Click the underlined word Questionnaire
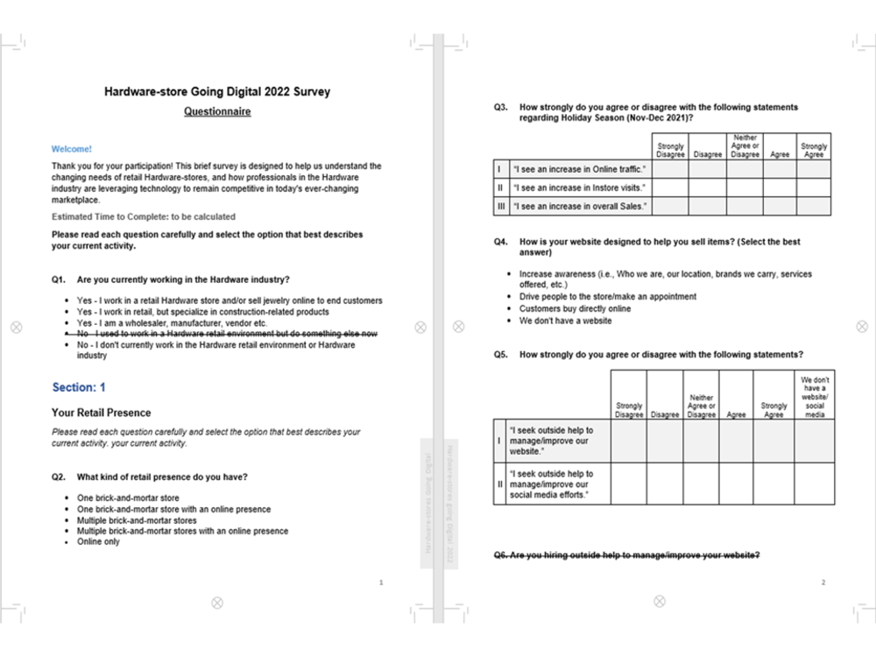(x=217, y=112)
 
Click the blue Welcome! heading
(x=71, y=149)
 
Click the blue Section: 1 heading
(x=79, y=387)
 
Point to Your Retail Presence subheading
(x=101, y=413)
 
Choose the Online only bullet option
(x=98, y=541)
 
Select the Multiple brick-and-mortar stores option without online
(x=137, y=520)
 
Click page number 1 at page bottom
(x=380, y=583)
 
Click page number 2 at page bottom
(x=823, y=583)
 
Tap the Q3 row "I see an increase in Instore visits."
(x=579, y=187)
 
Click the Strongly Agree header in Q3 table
(x=813, y=150)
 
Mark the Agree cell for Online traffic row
(x=779, y=168)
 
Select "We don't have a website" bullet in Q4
(x=565, y=321)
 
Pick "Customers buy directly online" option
(x=575, y=308)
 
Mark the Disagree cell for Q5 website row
(x=665, y=441)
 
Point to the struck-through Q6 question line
(x=626, y=555)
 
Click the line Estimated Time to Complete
(x=144, y=216)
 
